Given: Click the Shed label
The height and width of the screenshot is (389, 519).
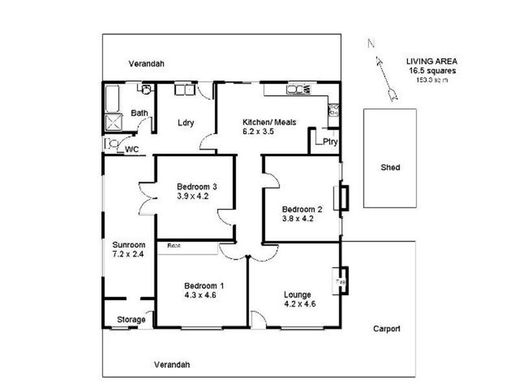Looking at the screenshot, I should [389, 167].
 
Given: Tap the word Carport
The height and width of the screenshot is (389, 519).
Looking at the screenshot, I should [386, 329].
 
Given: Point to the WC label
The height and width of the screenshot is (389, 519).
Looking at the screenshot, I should [132, 149].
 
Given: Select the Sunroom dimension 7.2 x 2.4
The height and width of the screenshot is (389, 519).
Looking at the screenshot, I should [128, 254].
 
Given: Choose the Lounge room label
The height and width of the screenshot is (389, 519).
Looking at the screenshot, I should [297, 294].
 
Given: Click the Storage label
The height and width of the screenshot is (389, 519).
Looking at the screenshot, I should [130, 320].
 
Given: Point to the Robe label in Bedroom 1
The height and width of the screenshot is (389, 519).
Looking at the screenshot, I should [173, 246].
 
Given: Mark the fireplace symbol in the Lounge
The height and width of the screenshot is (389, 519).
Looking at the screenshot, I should [341, 281].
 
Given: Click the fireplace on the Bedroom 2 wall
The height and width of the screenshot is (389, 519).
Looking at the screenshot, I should [341, 198].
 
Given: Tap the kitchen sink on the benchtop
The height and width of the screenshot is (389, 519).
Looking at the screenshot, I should [299, 89].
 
